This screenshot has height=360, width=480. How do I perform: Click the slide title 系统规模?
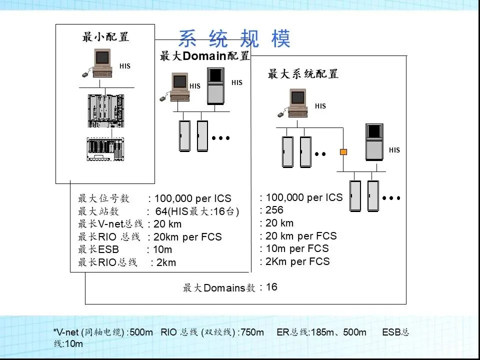[234, 39]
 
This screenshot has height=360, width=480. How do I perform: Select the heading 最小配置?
[105, 37]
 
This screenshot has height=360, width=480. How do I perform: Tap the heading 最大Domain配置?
[204, 56]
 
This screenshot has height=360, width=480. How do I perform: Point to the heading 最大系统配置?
[303, 74]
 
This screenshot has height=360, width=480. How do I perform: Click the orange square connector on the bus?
[343, 151]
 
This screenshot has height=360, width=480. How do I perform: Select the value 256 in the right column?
[274, 210]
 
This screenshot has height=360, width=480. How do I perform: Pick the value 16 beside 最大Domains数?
[271, 287]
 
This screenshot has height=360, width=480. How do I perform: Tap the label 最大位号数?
[104, 198]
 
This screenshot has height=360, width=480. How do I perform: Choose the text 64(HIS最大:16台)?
[197, 211]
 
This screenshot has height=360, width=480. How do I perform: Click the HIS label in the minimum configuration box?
[125, 66]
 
